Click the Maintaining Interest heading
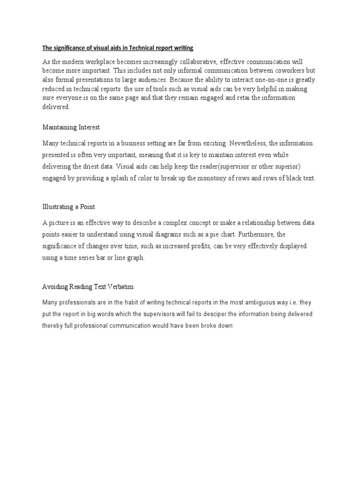coord(71,127)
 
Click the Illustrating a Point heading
coord(69,207)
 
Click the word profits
coord(197,246)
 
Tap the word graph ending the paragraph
coord(135,258)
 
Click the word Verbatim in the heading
coord(121,286)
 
